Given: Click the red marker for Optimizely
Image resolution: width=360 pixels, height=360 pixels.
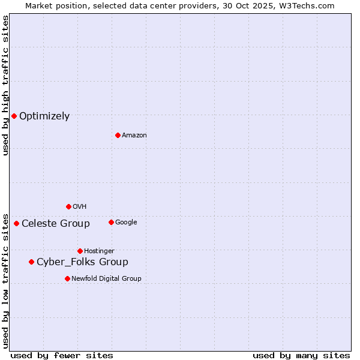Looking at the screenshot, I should [x=14, y=116].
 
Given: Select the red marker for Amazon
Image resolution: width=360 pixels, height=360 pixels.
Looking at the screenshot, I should [x=118, y=135].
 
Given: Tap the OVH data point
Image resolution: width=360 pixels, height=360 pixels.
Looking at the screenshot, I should [x=68, y=206].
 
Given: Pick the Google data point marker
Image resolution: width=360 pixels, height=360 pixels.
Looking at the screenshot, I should [x=111, y=222].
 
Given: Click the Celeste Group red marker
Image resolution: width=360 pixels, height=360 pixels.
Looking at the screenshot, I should [x=16, y=223].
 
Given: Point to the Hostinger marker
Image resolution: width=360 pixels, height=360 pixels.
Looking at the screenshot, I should [x=80, y=251].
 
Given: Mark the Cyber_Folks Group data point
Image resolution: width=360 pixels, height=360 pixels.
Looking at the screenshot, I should [x=31, y=262].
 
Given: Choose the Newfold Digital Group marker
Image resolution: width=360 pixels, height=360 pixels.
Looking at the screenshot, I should [x=67, y=278].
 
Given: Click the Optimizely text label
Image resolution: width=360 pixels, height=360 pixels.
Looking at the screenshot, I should [x=44, y=116].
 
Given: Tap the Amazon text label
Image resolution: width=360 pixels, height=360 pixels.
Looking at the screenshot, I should [x=134, y=136].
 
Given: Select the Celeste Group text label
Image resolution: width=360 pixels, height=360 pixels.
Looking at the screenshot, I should [x=56, y=224].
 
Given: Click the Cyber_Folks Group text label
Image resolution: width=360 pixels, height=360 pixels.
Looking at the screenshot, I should [x=82, y=262].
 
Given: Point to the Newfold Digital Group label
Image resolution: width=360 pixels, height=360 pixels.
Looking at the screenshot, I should [x=106, y=278].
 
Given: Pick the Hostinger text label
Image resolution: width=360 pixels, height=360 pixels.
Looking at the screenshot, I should [x=99, y=251].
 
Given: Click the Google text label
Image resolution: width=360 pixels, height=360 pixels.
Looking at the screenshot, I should [x=126, y=223].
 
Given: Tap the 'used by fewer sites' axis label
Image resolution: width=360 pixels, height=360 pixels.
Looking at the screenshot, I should [x=62, y=355].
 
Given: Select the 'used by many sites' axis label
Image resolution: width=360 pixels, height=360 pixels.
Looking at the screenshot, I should [x=301, y=355].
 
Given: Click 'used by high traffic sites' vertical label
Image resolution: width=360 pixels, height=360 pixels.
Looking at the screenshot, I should [x=5, y=85].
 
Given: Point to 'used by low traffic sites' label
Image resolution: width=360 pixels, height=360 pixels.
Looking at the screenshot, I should [x=5, y=280].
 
